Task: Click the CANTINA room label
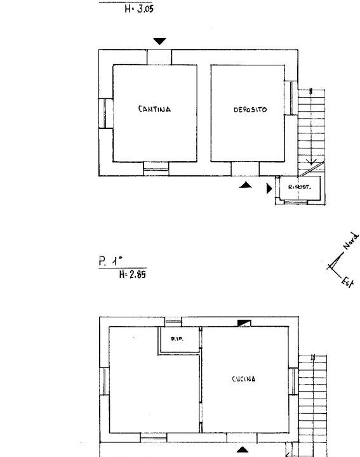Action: pos(154,109)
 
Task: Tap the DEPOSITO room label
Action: pos(250,110)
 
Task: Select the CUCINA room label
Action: pos(244,379)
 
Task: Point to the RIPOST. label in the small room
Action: pos(300,187)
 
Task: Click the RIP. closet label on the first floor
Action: pos(177,339)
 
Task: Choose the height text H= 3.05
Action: pos(139,8)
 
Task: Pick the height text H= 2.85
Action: pos(133,274)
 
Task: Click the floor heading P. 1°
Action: pos(110,261)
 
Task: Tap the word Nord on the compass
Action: pos(350,241)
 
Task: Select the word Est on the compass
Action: pos(348,282)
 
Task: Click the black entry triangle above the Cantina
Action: pos(160,41)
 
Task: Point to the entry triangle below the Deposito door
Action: pos(246,185)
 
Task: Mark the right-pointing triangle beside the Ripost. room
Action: pos(269,189)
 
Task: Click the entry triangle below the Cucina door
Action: pos(243,450)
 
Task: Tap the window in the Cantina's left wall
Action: pos(105,113)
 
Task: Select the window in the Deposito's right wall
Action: pos(291,98)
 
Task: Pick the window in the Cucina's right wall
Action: pos(293,381)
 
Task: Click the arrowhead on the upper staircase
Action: pos(311,162)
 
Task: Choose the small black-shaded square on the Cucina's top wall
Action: pos(244,323)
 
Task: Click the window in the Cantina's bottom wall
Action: pos(156,169)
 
